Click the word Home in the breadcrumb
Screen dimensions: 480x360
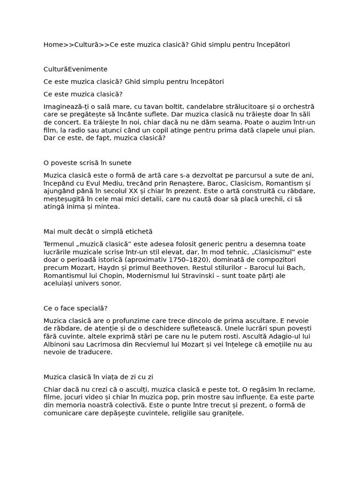[x=53, y=45]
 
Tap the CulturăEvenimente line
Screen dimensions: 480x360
[x=75, y=69]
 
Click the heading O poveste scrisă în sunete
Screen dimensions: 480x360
[x=88, y=163]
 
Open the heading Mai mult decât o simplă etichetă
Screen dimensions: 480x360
[x=98, y=232]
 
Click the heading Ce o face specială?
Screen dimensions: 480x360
[x=75, y=308]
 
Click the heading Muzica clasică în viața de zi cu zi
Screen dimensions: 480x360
[x=98, y=377]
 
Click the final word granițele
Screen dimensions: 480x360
[x=227, y=413]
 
